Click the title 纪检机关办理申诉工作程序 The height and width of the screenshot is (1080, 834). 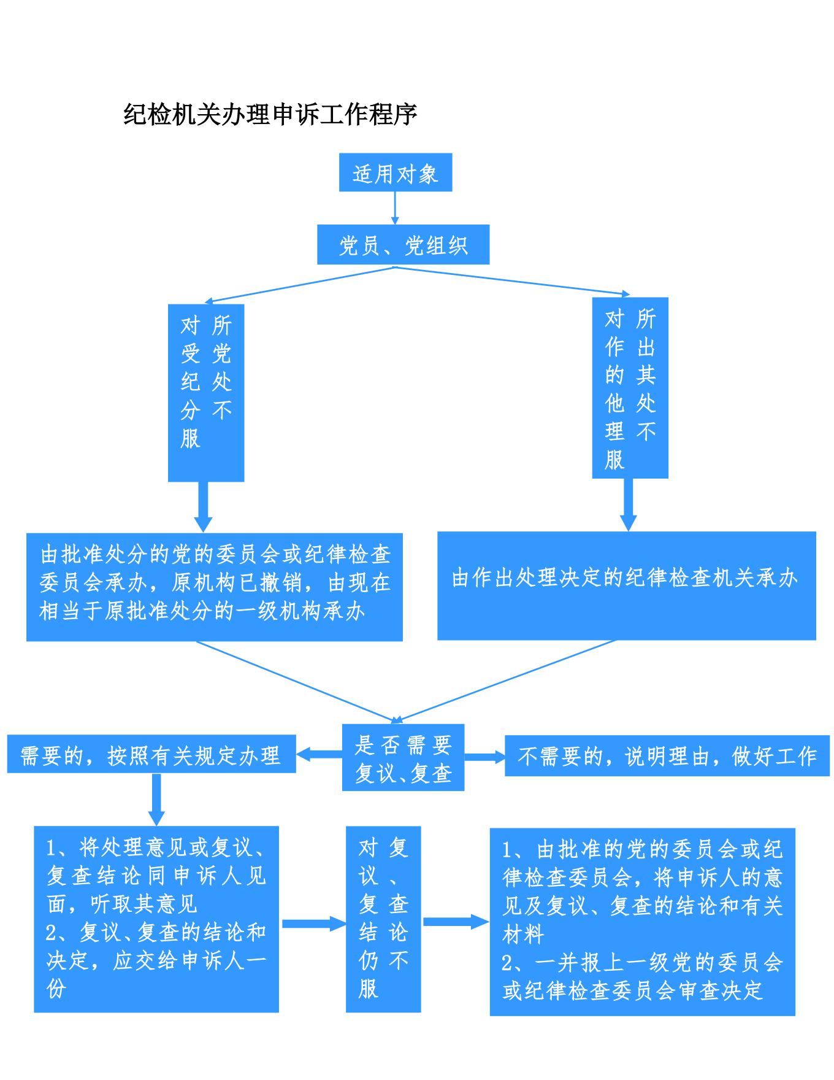tap(270, 114)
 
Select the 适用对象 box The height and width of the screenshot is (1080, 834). tap(396, 172)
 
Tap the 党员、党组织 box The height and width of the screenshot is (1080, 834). tap(403, 245)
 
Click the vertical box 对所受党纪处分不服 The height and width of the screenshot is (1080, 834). tap(206, 393)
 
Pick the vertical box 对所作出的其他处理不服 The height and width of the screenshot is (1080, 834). tap(630, 388)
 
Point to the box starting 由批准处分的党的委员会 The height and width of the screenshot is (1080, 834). tap(215, 587)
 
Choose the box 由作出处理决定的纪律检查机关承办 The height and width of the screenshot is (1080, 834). tap(626, 585)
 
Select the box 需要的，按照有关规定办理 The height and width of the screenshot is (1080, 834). tap(151, 754)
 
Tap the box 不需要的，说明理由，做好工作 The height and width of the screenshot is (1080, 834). tap(667, 755)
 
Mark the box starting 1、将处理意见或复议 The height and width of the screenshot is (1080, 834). tap(156, 919)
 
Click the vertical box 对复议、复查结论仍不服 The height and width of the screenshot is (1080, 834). tap(383, 919)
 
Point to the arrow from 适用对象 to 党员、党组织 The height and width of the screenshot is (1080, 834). tap(395, 208)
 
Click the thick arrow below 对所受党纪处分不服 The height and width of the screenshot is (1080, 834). tap(203, 506)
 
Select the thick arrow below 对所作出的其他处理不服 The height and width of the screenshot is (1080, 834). tap(628, 504)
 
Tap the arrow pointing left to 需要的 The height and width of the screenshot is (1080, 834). tap(319, 754)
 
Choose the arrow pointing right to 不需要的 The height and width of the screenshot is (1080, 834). tap(484, 756)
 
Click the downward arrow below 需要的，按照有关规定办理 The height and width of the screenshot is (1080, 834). tap(156, 799)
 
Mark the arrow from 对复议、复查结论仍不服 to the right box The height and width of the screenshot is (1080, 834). tap(455, 921)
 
